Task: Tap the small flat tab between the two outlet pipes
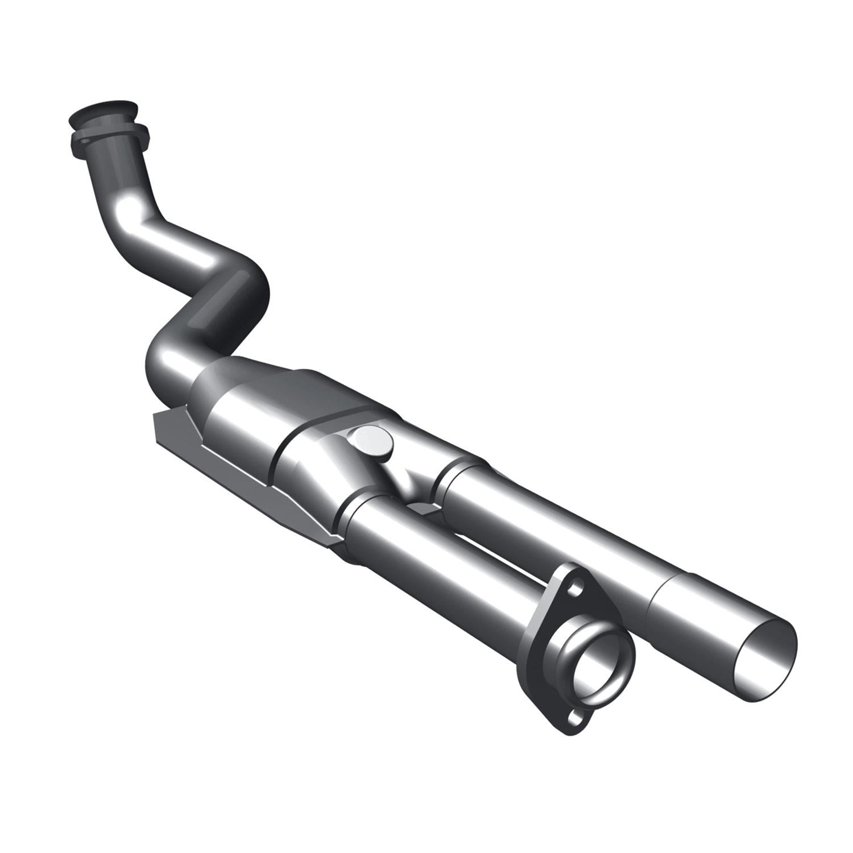click(424, 507)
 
